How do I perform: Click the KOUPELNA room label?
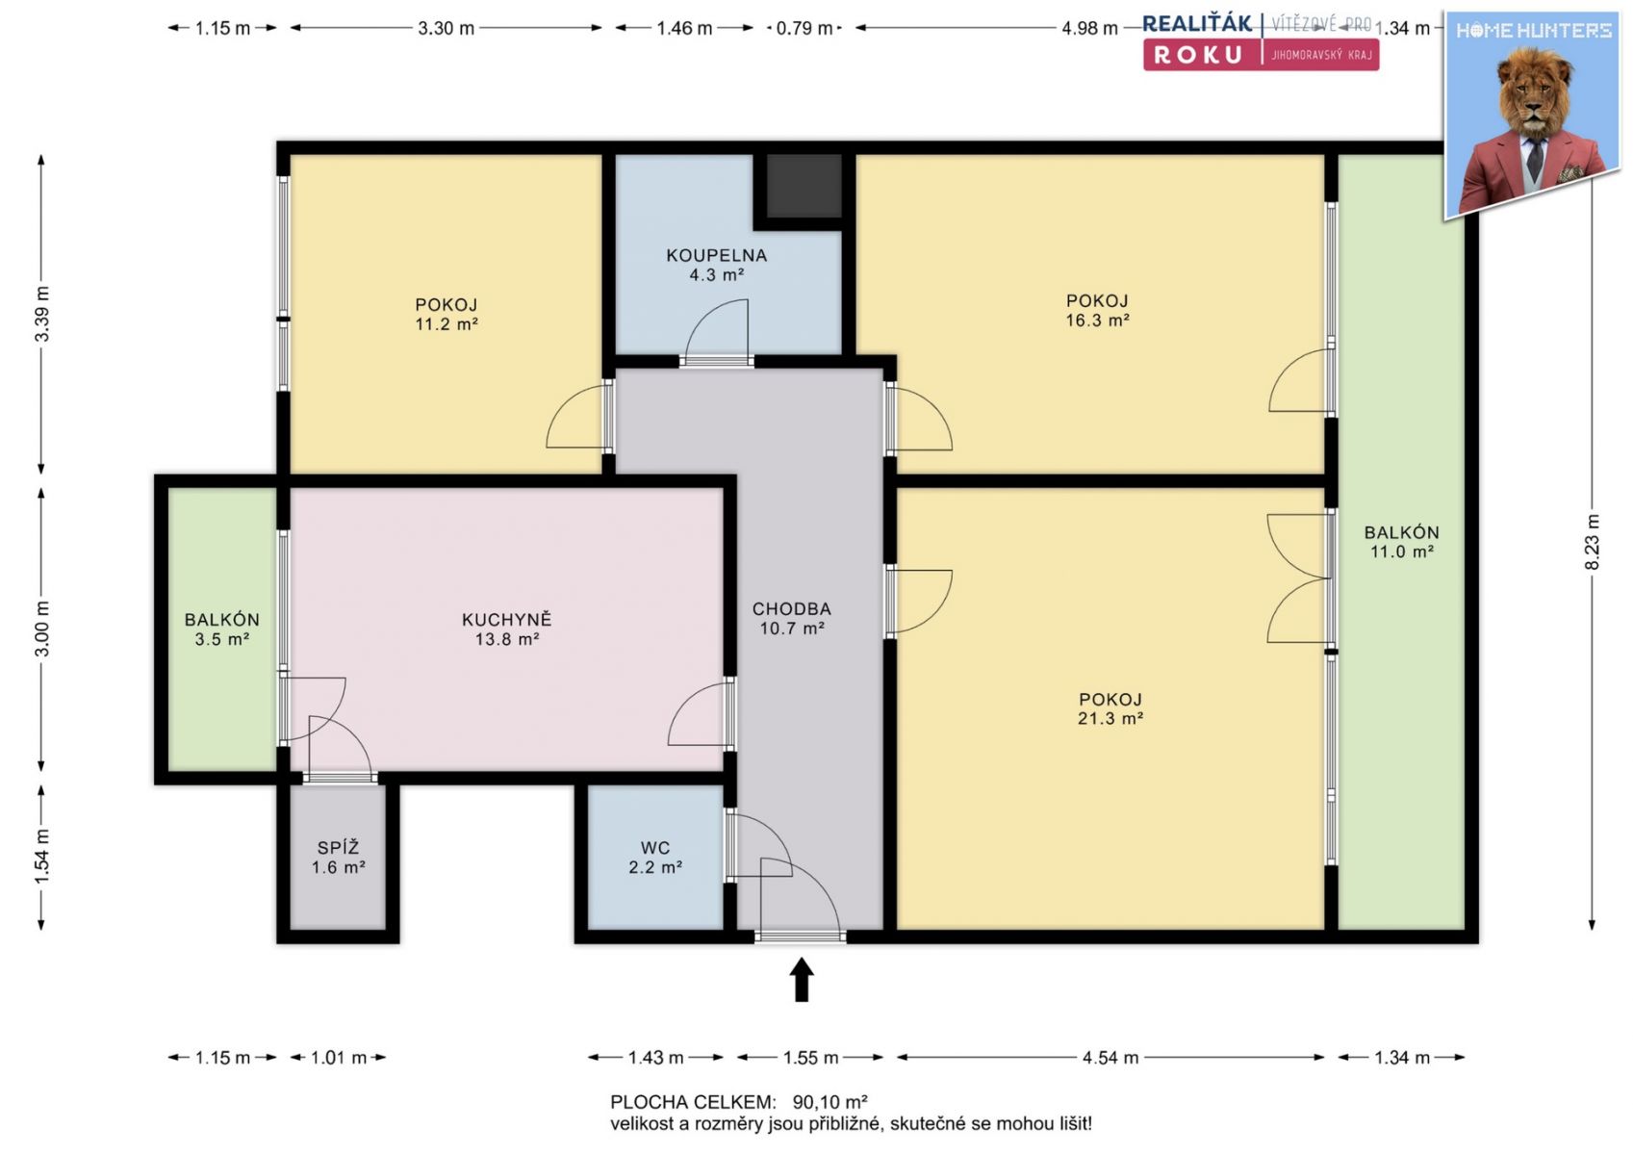(x=716, y=256)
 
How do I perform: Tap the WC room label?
(x=654, y=848)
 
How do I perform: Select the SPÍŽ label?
(x=339, y=848)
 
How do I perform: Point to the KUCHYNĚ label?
(x=507, y=620)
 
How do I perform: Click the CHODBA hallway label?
(x=792, y=609)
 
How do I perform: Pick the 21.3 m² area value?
(x=1110, y=718)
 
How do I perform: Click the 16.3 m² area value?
(x=1097, y=321)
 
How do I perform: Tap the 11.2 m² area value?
(x=447, y=323)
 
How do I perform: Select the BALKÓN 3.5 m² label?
(x=221, y=629)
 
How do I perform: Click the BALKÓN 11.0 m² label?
(x=1401, y=542)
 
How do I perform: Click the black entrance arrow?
(x=802, y=979)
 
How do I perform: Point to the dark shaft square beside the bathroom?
(x=804, y=186)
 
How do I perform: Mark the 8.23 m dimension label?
(x=1593, y=542)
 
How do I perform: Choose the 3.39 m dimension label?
(x=42, y=314)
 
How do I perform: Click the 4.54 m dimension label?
(x=1110, y=1057)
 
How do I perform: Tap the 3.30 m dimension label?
(x=447, y=29)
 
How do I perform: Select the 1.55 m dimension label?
(x=810, y=1057)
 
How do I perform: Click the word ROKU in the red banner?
(x=1198, y=55)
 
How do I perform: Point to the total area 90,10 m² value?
(x=829, y=1102)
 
